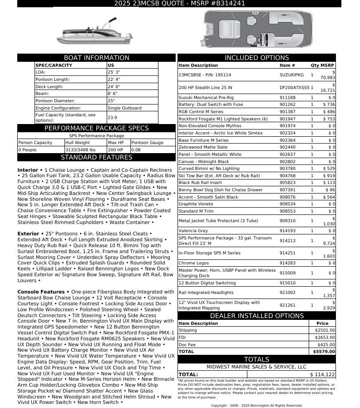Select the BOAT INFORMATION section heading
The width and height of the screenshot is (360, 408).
coord(96,58)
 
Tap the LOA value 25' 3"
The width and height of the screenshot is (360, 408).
coord(113,72)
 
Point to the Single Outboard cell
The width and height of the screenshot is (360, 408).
coord(124,108)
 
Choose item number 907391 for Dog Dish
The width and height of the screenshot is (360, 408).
coord(287,190)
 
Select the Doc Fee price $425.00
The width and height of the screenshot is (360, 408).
coord(326,344)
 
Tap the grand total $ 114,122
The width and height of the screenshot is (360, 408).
coord(322,374)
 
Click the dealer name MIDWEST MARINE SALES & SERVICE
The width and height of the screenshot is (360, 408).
coord(256,367)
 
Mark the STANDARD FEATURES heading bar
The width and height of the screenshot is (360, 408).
coord(96,157)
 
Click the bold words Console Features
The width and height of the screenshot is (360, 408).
coord(41,292)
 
